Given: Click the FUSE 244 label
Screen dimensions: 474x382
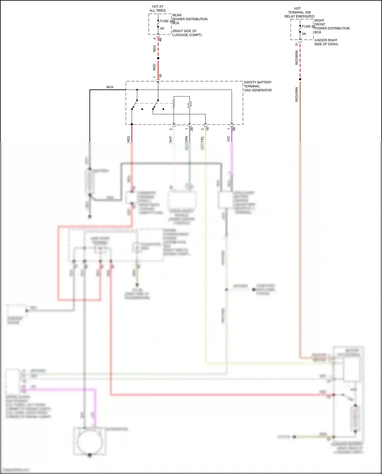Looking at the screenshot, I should click(167, 21).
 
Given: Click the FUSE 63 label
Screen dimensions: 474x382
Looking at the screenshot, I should click(308, 26).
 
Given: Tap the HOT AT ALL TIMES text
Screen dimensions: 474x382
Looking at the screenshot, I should click(157, 8).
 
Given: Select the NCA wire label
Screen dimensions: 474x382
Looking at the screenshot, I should click(110, 87).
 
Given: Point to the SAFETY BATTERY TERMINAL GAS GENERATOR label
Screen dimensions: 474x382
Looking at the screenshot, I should click(257, 86).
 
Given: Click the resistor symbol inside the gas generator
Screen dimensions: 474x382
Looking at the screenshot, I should click(174, 104).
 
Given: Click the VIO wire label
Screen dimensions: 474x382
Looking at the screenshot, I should click(228, 139).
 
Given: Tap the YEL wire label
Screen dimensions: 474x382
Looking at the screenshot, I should click(202, 139).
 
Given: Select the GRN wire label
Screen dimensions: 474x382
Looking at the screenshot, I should click(186, 139).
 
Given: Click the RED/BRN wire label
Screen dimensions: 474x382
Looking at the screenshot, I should click(296, 58).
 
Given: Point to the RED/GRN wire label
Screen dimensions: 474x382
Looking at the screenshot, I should click(296, 94).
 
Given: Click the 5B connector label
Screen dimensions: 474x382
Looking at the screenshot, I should click(234, 129).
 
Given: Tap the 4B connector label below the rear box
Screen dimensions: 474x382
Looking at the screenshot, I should click(160, 40).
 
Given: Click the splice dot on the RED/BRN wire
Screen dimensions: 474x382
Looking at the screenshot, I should click(300, 79).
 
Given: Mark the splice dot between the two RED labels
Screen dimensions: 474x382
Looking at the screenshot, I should click(158, 58).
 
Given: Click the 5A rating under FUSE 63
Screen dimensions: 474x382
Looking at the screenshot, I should click(304, 34).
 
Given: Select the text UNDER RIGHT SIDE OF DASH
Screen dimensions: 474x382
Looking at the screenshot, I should click(326, 42).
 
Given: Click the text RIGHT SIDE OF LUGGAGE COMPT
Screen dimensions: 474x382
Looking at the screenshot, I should click(187, 33).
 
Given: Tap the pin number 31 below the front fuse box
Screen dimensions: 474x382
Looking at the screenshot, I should click(297, 44).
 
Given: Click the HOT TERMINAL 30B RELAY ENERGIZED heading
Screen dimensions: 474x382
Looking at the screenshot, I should click(299, 12).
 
